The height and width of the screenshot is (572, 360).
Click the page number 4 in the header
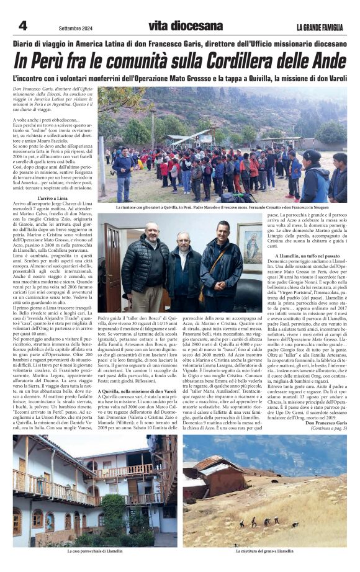click(23, 25)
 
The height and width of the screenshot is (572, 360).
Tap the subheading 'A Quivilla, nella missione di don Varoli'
click(138, 391)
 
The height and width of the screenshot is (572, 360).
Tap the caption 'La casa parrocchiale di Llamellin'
click(94, 551)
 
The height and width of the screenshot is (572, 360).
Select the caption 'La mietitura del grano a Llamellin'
click(264, 551)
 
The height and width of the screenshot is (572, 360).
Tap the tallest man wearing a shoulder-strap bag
click(222, 261)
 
